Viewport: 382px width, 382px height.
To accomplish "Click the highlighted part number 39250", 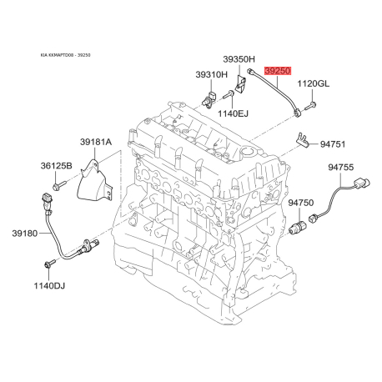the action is tap(278, 71).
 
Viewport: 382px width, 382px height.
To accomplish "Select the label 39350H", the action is tap(239, 59).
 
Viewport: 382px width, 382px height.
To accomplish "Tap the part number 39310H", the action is tap(211, 74).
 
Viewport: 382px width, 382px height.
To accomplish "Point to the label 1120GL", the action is tap(314, 83).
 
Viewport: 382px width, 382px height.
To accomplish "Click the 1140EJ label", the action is tap(233, 113).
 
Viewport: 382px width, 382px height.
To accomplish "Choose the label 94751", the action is tap(333, 144).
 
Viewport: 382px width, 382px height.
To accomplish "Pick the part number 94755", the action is tap(341, 168).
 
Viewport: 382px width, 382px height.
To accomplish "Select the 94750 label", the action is tap(301, 203).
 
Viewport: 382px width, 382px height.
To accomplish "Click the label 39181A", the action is tap(96, 142).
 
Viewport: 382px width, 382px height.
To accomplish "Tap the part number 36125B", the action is tap(57, 166).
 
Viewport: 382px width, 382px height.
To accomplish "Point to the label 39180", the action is tap(25, 234).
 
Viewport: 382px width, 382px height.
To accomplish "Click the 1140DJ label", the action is tap(49, 285).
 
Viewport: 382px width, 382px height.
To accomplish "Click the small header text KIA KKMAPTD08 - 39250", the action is tap(66, 55).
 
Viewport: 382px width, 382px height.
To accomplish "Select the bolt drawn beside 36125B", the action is tap(59, 185).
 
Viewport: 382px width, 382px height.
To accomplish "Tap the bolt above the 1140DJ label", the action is tap(50, 264).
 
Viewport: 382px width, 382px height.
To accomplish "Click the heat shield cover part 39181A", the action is tap(94, 181).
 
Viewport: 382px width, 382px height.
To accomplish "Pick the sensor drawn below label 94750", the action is tap(298, 228).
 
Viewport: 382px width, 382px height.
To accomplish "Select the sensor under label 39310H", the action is tap(209, 98).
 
